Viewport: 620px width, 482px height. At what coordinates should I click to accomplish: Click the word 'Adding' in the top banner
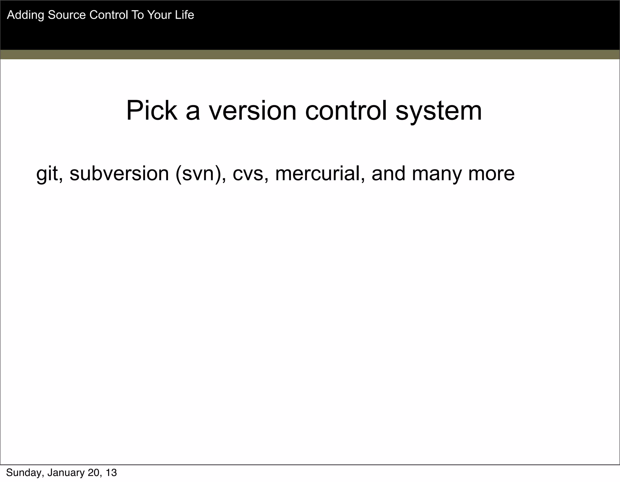pyautogui.click(x=25, y=15)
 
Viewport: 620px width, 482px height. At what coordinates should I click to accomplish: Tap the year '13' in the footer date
pyautogui.click(x=111, y=473)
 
